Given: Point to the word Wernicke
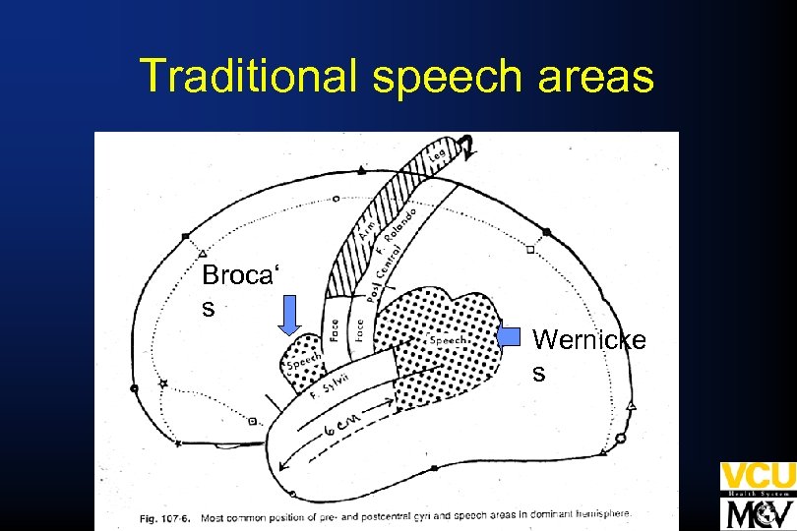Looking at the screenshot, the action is (589, 340).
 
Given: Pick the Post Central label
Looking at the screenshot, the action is (381, 276).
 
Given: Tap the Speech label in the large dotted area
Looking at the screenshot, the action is (448, 340).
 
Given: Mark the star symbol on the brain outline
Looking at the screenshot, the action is (164, 383).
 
